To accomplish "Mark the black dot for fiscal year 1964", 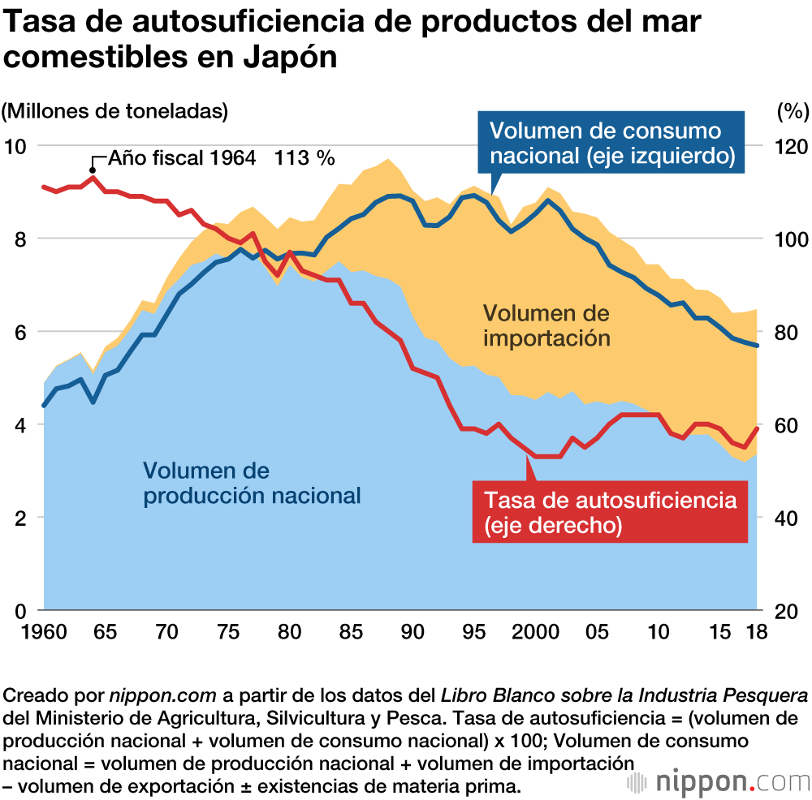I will (x=92, y=170).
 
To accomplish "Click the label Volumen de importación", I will (x=546, y=325).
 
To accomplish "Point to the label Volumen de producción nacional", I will (x=251, y=483).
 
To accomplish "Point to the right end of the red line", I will (x=758, y=428).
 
